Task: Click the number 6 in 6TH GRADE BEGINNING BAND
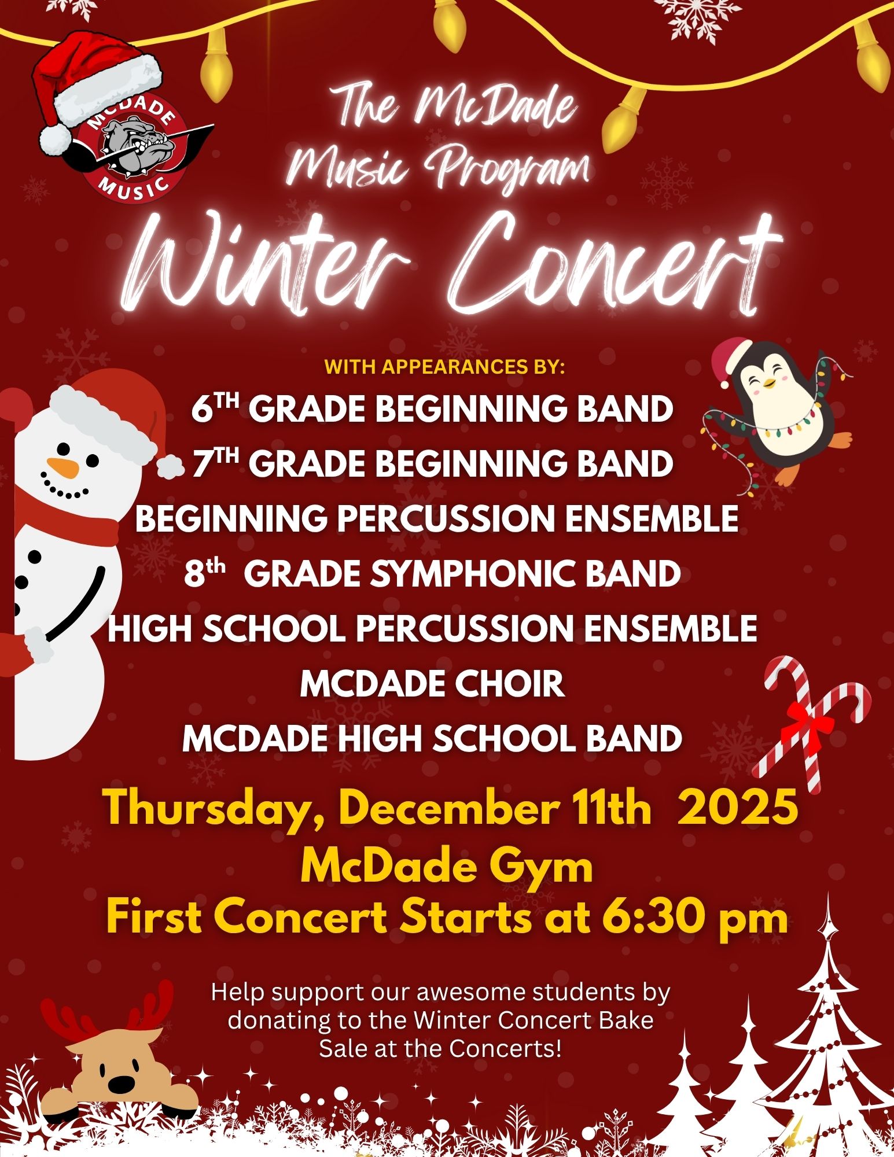[x=200, y=410]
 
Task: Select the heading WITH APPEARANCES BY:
[x=444, y=367]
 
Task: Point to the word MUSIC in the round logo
[x=135, y=185]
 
